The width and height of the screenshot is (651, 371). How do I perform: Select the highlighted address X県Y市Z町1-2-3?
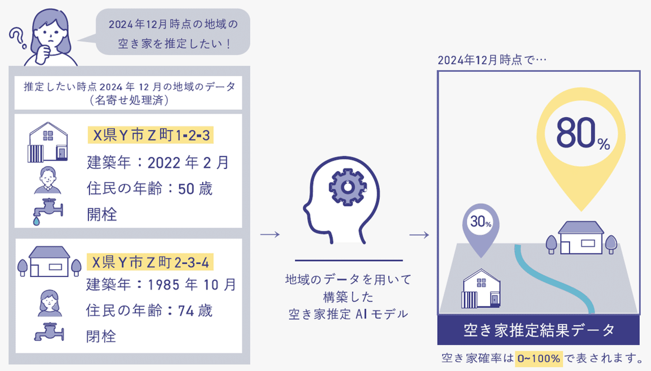click(151, 135)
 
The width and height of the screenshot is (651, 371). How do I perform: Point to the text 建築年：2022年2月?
click(158, 162)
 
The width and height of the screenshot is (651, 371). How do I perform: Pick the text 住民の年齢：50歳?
click(150, 189)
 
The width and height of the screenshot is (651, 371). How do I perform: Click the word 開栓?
click(102, 214)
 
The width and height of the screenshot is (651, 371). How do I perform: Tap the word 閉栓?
click(101, 336)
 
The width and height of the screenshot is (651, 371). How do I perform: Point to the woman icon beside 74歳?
click(49, 302)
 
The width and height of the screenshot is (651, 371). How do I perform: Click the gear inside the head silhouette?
click(347, 187)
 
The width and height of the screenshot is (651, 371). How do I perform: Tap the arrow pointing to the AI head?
click(270, 235)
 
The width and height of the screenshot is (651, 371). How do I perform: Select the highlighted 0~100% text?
click(538, 359)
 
